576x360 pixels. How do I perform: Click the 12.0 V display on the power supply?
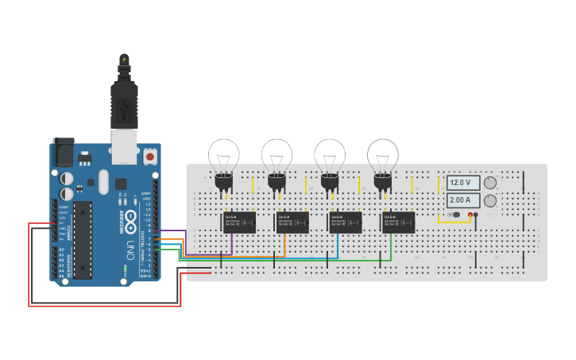463,183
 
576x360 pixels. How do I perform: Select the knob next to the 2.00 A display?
490,201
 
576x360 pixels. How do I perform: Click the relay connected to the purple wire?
238,222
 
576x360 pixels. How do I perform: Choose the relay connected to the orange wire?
292,222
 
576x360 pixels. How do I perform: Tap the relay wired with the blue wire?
346,222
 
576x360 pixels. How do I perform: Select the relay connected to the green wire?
399,222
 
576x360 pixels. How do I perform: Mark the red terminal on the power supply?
470,215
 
